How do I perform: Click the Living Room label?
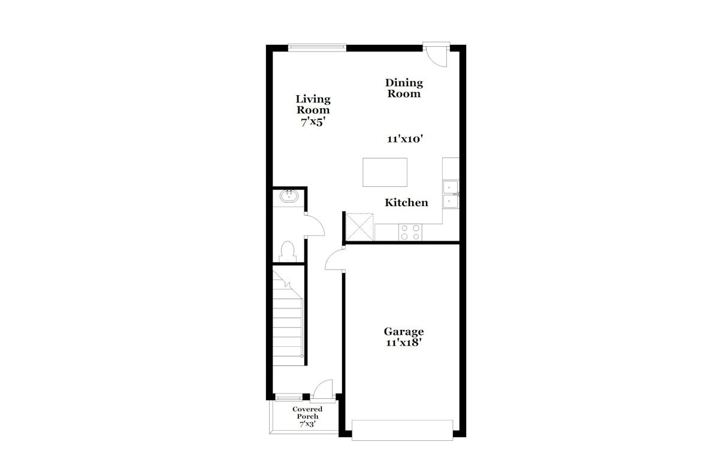313,104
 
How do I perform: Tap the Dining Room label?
404,88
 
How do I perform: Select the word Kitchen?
406,202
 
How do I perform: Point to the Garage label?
404,331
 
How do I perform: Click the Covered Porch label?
307,413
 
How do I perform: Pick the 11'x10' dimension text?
405,139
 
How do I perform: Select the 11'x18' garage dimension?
403,343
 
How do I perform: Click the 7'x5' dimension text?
313,122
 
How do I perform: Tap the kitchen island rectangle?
385,172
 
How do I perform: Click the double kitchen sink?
451,194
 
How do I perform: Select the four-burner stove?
410,232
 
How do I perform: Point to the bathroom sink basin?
289,196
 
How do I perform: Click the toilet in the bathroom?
288,252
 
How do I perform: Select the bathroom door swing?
314,226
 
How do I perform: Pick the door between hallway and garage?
335,259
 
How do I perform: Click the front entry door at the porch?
323,390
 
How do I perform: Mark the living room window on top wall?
317,47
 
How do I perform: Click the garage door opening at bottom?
403,430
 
